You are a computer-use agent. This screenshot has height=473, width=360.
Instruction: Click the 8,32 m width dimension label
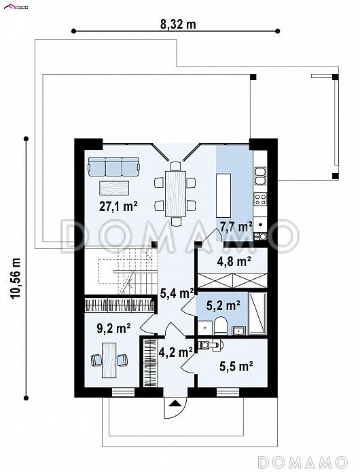pos(178,24)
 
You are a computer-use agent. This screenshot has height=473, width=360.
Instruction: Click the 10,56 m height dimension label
pos(16,278)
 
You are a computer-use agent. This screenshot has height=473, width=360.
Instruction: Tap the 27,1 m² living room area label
pos(118,206)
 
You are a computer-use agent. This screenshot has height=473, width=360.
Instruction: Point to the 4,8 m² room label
pos(234,261)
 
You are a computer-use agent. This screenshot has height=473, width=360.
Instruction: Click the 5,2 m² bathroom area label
pos(223,305)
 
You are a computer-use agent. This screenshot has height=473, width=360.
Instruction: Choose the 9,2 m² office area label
pos(113,328)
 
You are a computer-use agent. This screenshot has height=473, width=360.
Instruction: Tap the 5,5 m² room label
pos(236,366)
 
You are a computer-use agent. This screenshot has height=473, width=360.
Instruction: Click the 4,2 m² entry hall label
pos(176,352)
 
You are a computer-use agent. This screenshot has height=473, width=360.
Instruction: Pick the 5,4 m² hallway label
pos(177,293)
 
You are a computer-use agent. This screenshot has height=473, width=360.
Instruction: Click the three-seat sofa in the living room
pos(114,166)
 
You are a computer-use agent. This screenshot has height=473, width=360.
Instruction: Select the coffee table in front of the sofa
pos(114,189)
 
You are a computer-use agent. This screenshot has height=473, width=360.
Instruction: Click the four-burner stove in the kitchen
pos(260,199)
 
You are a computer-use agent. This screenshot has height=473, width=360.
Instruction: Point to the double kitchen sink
pos(260,176)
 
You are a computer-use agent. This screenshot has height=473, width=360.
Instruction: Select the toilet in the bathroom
pos(221,326)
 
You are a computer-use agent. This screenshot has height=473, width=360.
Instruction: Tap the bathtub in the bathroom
pos(257,313)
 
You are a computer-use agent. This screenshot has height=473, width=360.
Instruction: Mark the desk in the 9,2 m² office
pos(109,360)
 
